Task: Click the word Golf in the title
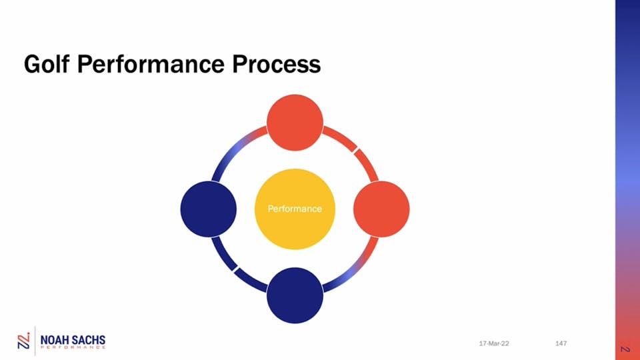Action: pos(47,64)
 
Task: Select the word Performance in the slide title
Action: pos(151,64)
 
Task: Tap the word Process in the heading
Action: pos(276,64)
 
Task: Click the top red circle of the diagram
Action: pos(295,123)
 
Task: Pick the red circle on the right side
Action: pos(381,209)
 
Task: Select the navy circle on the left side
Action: pos(209,209)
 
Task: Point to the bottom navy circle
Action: pos(295,295)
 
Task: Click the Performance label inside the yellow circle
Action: pos(295,209)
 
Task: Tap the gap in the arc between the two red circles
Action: pos(355,151)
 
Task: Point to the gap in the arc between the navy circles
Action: pos(235,269)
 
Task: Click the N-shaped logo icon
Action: pos(24,341)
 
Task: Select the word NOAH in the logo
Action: pos(55,340)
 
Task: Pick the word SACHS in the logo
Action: pos(89,340)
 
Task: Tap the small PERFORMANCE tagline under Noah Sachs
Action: pos(73,347)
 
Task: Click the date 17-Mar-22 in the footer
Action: pos(494,344)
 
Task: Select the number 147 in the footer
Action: pos(561,343)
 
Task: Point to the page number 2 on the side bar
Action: pos(625,349)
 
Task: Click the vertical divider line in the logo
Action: pos(35,341)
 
